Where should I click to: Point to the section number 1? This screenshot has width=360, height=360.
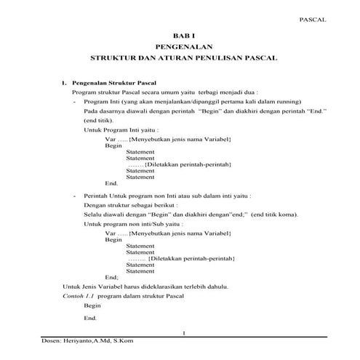click(64, 84)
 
